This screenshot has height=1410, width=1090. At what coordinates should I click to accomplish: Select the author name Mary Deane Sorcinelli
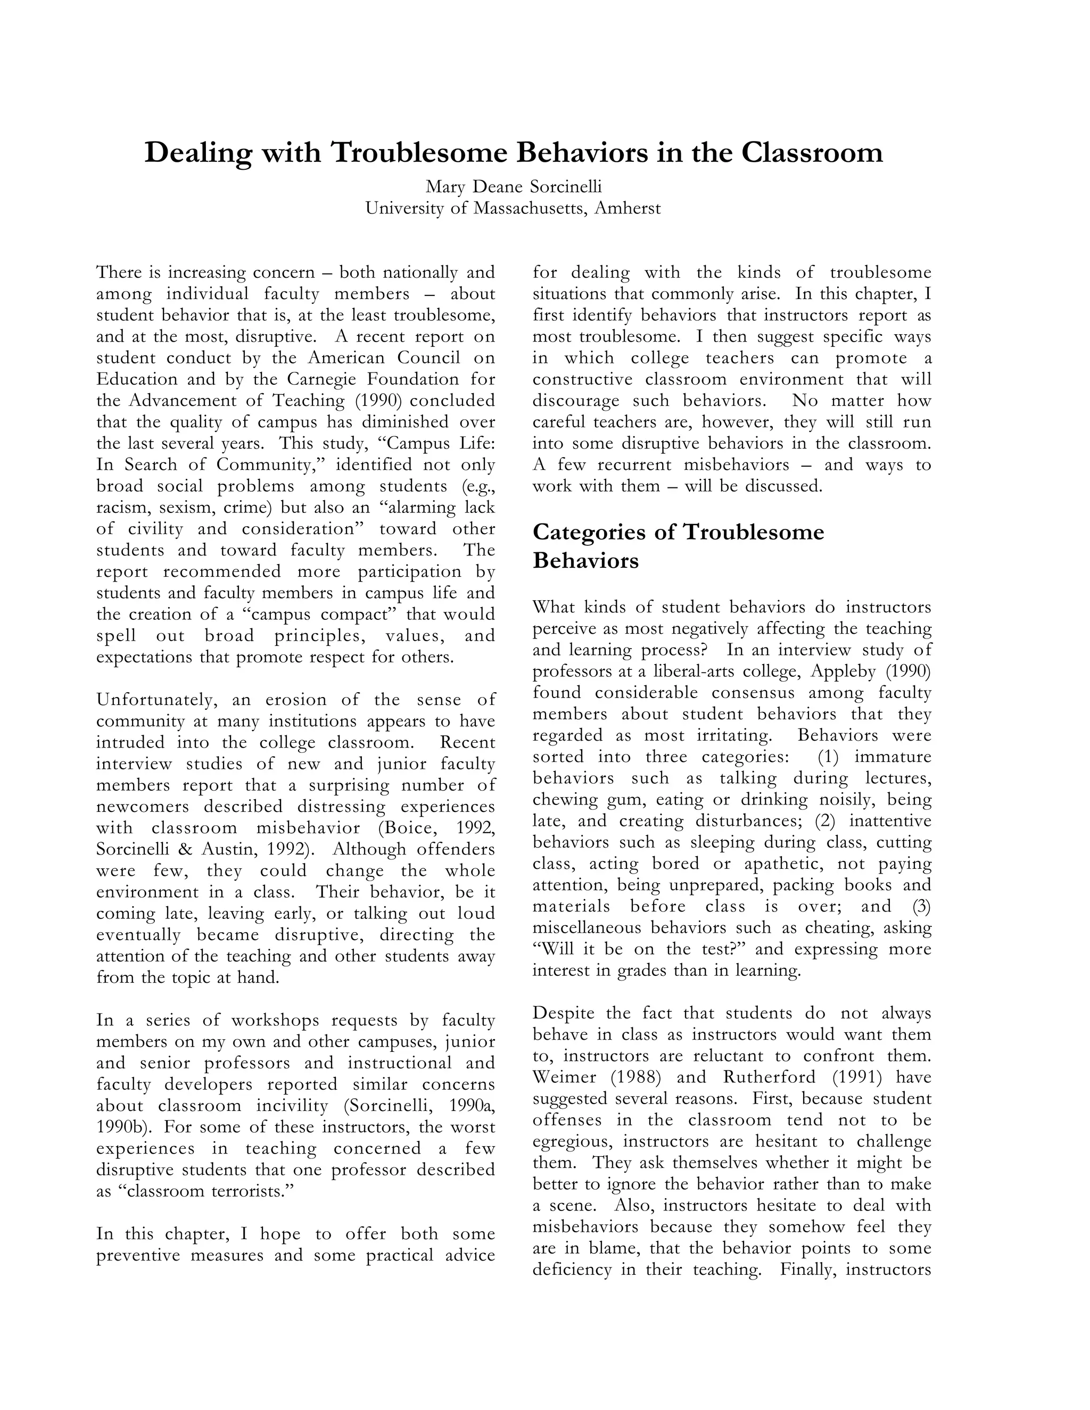pos(514,187)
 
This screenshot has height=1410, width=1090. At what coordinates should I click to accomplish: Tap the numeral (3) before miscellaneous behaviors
pos(921,907)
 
